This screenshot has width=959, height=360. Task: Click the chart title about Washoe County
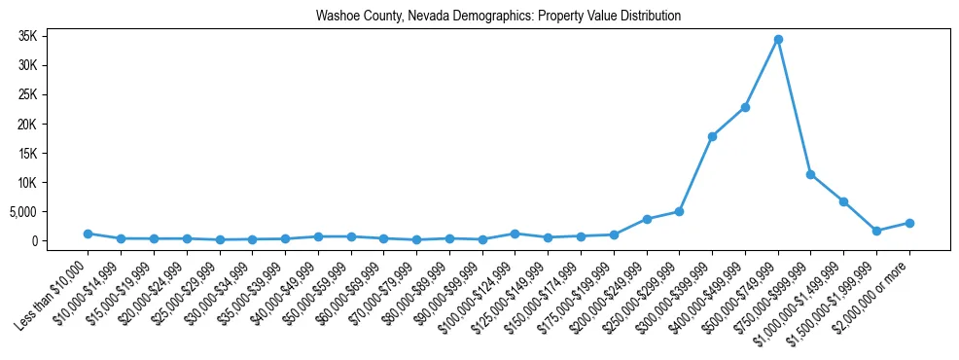tap(498, 17)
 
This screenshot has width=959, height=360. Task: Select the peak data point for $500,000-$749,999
tap(778, 39)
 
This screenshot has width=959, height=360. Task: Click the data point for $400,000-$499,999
tap(745, 107)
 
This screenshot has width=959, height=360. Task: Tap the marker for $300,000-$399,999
tap(712, 136)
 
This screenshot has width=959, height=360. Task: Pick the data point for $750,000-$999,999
tap(811, 174)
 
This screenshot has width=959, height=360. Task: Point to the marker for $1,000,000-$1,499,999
tap(844, 201)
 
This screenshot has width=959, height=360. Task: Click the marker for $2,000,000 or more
tap(909, 223)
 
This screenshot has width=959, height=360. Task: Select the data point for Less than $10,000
tap(88, 234)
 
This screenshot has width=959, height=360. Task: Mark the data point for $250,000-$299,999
tap(679, 211)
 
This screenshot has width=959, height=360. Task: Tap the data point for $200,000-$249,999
tap(647, 219)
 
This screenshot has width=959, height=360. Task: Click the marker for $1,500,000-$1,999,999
tap(876, 231)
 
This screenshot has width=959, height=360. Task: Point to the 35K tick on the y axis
tap(53, 36)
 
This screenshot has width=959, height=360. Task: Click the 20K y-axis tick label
tap(53, 124)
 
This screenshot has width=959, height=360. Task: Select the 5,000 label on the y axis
tap(48, 211)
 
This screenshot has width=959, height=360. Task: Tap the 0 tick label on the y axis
tap(60, 240)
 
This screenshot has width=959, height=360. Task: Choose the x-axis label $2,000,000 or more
tap(875, 287)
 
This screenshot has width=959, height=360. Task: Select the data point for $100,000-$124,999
tap(515, 234)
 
